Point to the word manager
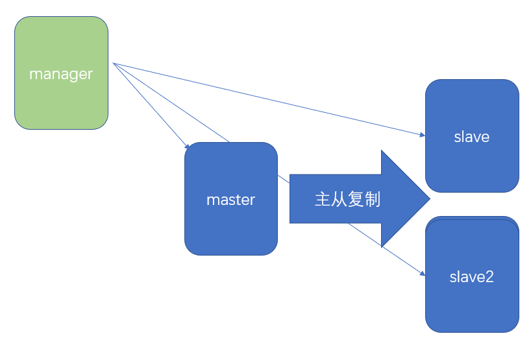[x=61, y=74]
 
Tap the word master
[x=231, y=200]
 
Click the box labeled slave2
[x=472, y=305]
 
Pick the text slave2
[x=472, y=277]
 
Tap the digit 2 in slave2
[x=490, y=277]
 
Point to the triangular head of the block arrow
[x=406, y=198]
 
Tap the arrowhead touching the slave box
[x=422, y=135]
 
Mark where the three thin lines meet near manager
[x=114, y=64]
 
